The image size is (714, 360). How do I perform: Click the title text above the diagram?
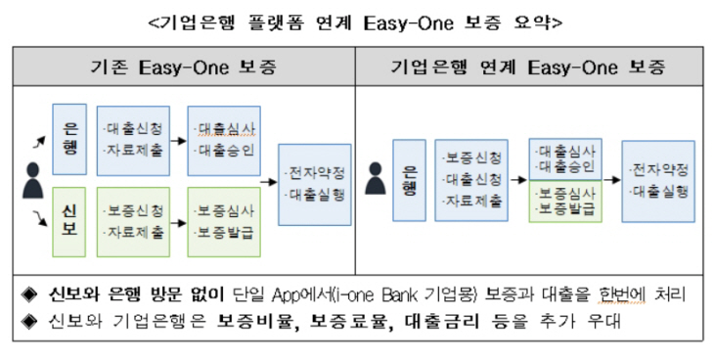358,20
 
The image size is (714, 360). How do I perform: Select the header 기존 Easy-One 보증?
183,68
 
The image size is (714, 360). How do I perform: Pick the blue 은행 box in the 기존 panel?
69,139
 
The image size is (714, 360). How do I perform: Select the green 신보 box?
69,221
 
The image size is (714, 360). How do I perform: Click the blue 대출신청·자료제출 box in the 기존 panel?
133,139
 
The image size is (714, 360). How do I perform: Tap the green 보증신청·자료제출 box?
133,221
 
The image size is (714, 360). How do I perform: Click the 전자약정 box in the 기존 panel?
313,182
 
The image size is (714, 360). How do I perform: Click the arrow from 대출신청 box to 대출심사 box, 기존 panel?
176,140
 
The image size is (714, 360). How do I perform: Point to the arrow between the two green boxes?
176,222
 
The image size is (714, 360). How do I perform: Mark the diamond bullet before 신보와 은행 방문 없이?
29,292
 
